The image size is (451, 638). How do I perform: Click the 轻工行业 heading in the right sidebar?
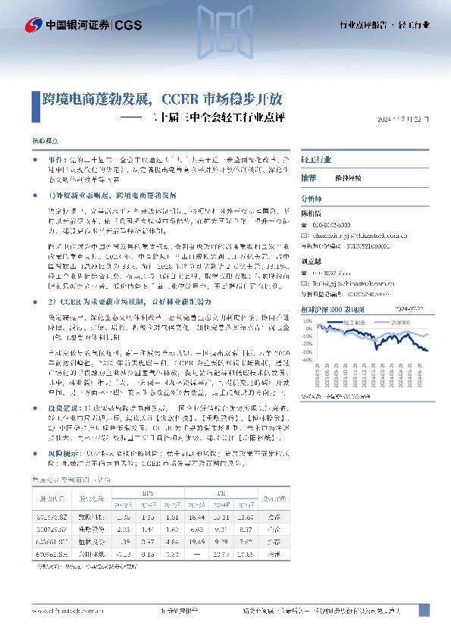316,161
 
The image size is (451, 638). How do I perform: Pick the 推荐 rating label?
308,176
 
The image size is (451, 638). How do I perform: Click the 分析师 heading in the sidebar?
312,195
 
